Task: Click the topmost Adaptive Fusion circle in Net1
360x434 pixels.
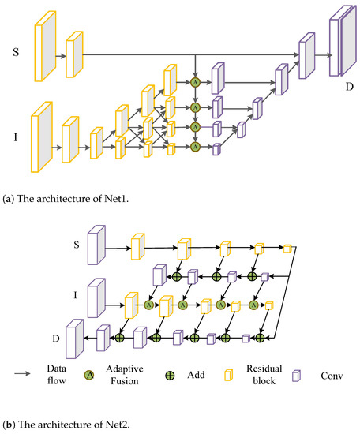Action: [195, 81]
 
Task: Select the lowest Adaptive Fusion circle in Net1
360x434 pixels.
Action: [195, 146]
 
